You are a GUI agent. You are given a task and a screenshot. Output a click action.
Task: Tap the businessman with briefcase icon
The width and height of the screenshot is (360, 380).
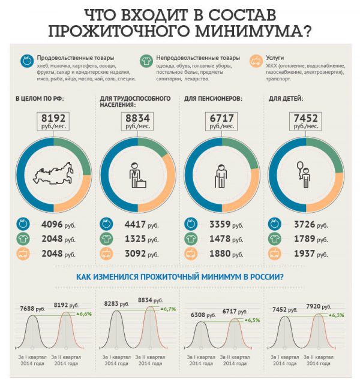(137, 175)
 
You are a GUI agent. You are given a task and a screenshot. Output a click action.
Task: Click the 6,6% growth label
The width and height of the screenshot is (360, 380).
(84, 313)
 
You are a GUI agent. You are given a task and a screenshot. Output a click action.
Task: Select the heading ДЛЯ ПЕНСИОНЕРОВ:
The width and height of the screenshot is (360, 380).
(213, 98)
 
